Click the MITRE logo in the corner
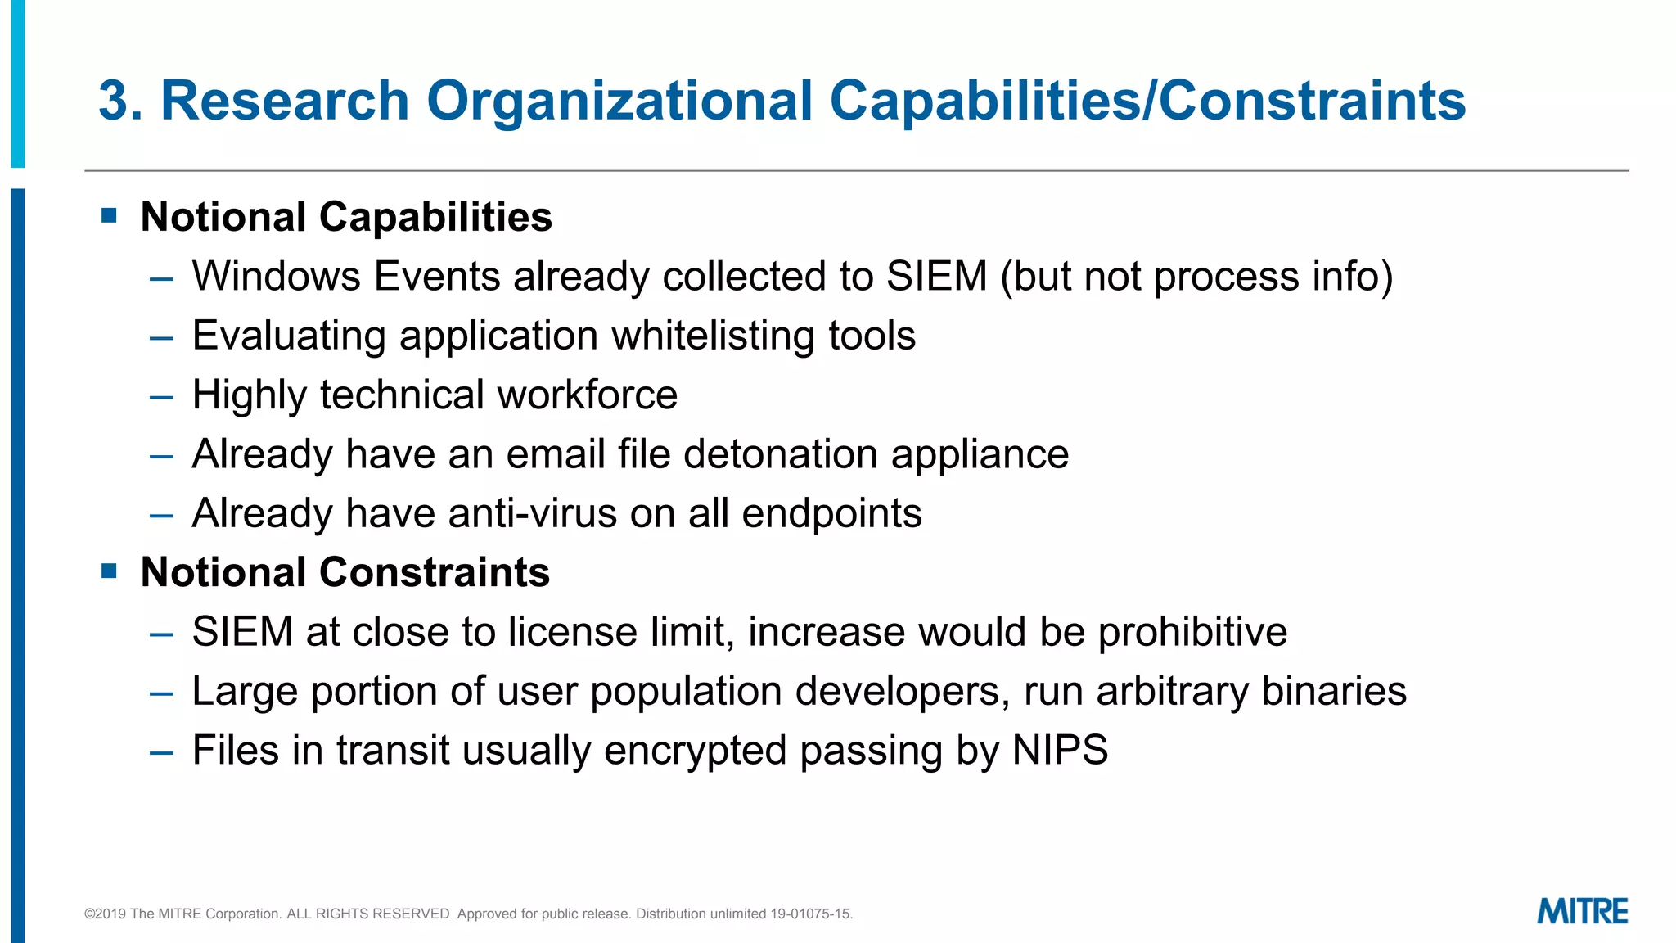[1582, 911]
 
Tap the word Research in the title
[285, 102]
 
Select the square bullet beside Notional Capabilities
[110, 216]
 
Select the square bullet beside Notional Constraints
[110, 571]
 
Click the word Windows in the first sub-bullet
[276, 277]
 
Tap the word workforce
[588, 395]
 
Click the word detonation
[781, 454]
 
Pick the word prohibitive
[1192, 632]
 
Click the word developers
[898, 691]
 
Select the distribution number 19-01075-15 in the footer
[810, 914]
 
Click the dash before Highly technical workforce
[162, 397]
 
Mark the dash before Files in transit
[162, 752]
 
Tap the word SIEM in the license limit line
[242, 632]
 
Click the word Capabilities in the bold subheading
[435, 218]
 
